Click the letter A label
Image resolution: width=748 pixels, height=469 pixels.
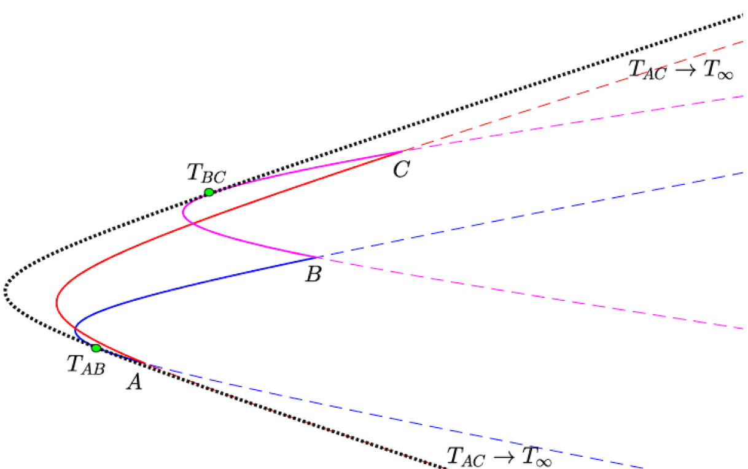point(135,382)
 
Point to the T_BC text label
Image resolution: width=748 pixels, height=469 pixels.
point(206,174)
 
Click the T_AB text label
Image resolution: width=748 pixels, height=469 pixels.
point(85,366)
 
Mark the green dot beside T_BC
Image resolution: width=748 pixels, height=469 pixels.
point(209,192)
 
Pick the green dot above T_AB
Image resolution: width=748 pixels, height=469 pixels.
point(96,348)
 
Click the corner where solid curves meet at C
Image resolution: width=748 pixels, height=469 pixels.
point(404,150)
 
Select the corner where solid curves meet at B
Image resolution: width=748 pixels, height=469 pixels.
point(317,257)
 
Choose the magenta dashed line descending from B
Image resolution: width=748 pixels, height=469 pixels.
point(528,293)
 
